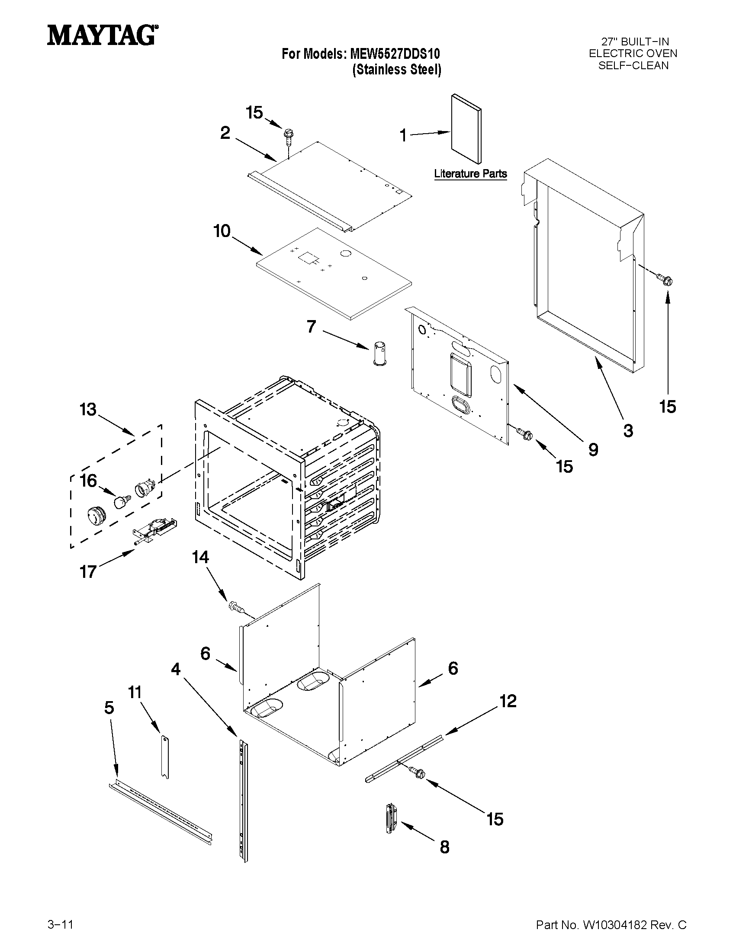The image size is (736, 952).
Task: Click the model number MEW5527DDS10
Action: point(395,54)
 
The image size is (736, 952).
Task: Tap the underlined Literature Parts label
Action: point(470,173)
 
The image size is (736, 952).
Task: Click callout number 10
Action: point(222,231)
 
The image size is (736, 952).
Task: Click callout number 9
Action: point(593,449)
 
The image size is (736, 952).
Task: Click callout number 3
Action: point(628,431)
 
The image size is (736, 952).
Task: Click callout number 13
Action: point(88,410)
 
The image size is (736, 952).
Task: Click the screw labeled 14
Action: point(235,607)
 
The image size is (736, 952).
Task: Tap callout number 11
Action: point(135,692)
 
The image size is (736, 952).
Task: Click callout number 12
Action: point(508,701)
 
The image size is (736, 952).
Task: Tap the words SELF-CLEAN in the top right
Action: point(633,65)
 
